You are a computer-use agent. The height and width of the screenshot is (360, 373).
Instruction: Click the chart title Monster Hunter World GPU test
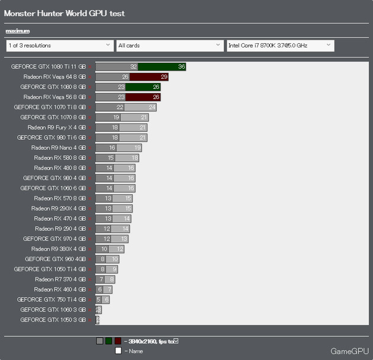click(x=65, y=14)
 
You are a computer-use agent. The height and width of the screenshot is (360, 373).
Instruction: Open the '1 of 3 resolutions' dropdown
click(x=59, y=45)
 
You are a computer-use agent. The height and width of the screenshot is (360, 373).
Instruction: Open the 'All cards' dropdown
click(x=169, y=45)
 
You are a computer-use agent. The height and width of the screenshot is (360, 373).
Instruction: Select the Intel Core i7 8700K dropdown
click(x=280, y=45)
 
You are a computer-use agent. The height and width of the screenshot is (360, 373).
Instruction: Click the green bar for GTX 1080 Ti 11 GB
click(x=162, y=67)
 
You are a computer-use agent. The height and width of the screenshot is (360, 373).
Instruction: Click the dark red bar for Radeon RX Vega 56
click(x=145, y=97)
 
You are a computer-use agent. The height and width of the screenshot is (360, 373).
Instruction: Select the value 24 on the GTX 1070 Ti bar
click(x=152, y=107)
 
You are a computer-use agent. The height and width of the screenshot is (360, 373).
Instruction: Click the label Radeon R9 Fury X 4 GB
click(x=56, y=127)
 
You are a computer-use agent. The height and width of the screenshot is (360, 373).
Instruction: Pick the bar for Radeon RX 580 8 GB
click(x=117, y=158)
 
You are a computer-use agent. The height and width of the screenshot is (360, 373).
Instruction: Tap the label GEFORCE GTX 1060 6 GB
click(x=53, y=188)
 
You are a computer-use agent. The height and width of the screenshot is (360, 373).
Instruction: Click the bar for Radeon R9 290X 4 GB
click(x=114, y=208)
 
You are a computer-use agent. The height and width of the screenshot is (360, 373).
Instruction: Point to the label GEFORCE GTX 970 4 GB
click(x=54, y=239)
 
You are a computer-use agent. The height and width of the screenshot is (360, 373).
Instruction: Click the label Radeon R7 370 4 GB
click(x=60, y=279)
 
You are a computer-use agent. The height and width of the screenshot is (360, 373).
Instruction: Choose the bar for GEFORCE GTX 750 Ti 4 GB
click(x=102, y=300)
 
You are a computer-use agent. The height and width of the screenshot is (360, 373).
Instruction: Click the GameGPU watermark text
click(x=349, y=351)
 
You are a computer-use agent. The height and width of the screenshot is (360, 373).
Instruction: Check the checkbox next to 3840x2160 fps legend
click(x=176, y=341)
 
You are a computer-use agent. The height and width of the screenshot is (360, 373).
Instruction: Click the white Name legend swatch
click(x=118, y=351)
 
